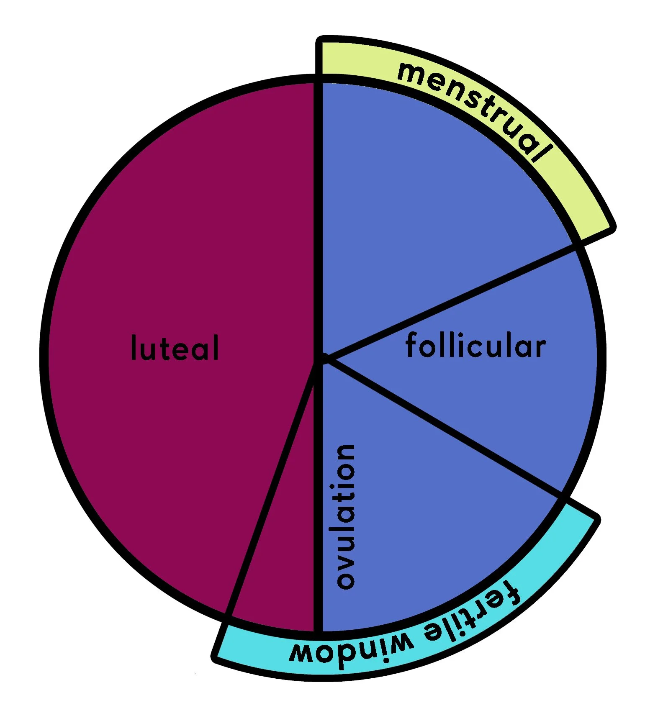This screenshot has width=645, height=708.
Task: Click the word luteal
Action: (175, 347)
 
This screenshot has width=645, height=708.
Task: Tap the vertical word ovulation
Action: (346, 517)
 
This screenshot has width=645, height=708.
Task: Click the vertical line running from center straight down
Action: (318, 502)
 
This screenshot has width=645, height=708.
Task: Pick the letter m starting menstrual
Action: (408, 71)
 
